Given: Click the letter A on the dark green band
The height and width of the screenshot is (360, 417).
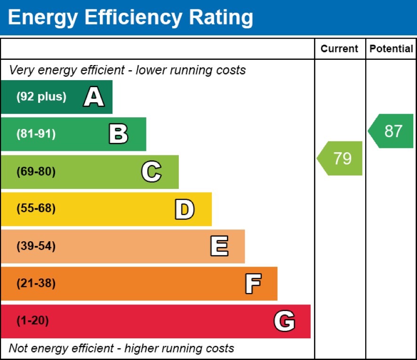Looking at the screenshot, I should pyautogui.click(x=94, y=97).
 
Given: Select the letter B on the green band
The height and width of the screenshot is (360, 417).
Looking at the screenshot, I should pyautogui.click(x=118, y=134).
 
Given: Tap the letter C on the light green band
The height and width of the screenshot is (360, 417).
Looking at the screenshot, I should pyautogui.click(x=151, y=172).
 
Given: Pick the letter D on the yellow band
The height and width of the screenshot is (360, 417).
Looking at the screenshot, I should pyautogui.click(x=184, y=209).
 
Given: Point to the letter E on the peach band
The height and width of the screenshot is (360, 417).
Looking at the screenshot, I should pyautogui.click(x=219, y=246).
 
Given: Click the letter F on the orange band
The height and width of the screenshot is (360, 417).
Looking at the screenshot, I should pyautogui.click(x=253, y=284).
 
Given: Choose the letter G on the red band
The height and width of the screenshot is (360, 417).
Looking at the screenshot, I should pyautogui.click(x=284, y=321).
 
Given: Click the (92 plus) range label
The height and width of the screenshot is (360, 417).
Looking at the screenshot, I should pyautogui.click(x=41, y=97).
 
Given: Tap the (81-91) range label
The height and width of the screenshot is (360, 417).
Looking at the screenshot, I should pyautogui.click(x=36, y=134).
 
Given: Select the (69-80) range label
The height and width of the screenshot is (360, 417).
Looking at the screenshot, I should pyautogui.click(x=36, y=172).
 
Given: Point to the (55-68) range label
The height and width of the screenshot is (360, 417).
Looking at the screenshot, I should pyautogui.click(x=36, y=209).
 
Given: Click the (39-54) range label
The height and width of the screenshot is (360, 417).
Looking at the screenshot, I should pyautogui.click(x=36, y=246).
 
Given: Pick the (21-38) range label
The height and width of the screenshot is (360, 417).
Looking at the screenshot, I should pyautogui.click(x=36, y=284).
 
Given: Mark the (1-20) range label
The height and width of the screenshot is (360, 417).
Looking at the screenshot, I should pyautogui.click(x=32, y=321).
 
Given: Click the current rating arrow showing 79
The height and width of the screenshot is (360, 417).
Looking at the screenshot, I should pyautogui.click(x=341, y=158).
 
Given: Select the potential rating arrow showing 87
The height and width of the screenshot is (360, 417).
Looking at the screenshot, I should pyautogui.click(x=392, y=131).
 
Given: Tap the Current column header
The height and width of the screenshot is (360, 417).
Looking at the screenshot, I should pyautogui.click(x=339, y=49).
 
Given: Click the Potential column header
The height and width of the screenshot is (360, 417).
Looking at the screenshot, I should pyautogui.click(x=391, y=49).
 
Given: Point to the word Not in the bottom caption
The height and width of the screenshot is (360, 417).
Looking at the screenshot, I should pyautogui.click(x=18, y=349).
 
